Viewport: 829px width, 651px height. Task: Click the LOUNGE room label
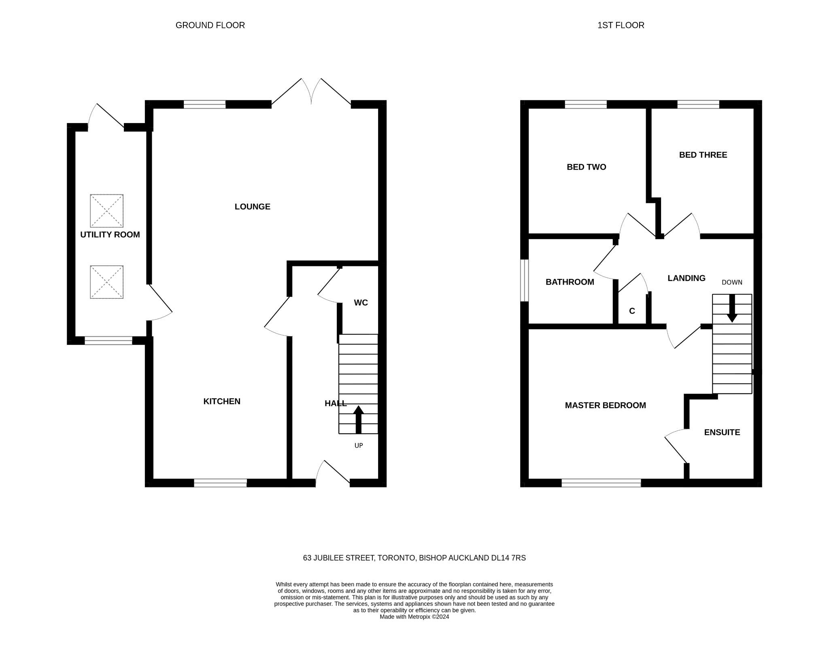coord(252,207)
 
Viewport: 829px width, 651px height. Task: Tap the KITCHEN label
coord(221,401)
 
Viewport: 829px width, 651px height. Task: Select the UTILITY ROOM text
coord(110,235)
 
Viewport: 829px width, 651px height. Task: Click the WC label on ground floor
coord(361,303)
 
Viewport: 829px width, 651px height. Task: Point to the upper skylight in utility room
coord(106,211)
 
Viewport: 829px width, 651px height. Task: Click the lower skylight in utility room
coord(106,282)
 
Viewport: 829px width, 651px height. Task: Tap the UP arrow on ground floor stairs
coord(358,420)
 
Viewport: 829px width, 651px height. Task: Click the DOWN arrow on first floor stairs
coord(732,308)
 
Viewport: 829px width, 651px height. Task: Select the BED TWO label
coord(586,167)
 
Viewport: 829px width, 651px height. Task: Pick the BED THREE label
coord(703,155)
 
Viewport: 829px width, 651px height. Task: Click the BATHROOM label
coord(570,282)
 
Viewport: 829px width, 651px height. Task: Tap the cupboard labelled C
coord(632,311)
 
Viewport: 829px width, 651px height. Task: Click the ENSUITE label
coord(722,432)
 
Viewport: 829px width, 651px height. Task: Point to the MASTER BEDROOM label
coord(605,405)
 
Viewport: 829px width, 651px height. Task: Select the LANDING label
coord(686,278)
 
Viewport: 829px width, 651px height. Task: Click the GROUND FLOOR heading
coord(210,25)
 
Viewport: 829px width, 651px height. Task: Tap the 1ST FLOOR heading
coord(621,25)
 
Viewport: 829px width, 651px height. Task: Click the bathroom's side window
coord(524,281)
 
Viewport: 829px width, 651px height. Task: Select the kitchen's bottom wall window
coord(220,483)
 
